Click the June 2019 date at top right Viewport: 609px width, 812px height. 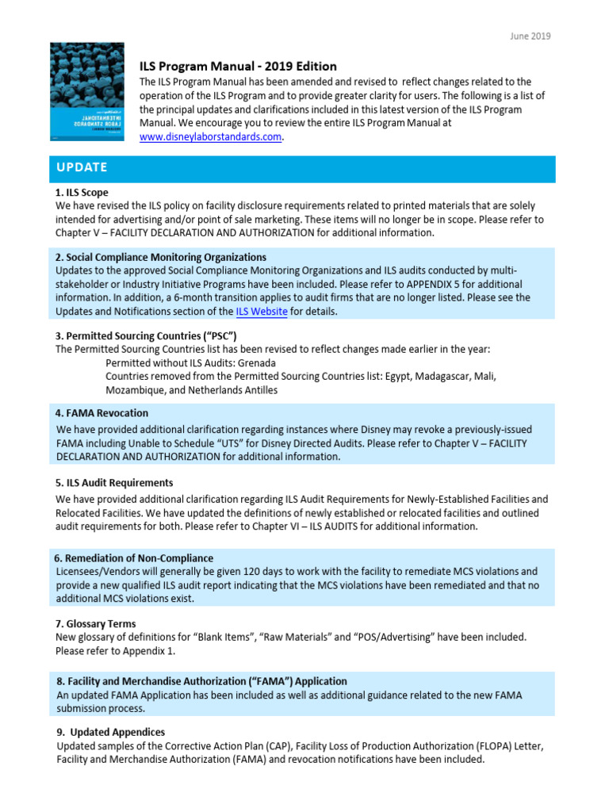pos(530,36)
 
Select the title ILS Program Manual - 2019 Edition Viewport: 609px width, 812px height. pos(238,67)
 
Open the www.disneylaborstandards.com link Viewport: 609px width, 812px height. pos(211,136)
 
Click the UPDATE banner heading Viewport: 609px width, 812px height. pos(81,168)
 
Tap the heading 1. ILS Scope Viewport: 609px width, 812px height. pos(82,193)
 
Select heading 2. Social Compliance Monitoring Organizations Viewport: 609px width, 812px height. pos(161,257)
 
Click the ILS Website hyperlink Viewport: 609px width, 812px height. pos(262,312)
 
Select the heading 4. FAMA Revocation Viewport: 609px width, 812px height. pos(101,413)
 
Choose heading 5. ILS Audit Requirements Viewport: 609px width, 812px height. pos(114,482)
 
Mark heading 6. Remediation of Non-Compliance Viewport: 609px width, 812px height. pos(134,558)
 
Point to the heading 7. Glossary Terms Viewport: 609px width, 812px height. pos(95,623)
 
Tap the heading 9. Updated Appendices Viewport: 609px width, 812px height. pos(111,733)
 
